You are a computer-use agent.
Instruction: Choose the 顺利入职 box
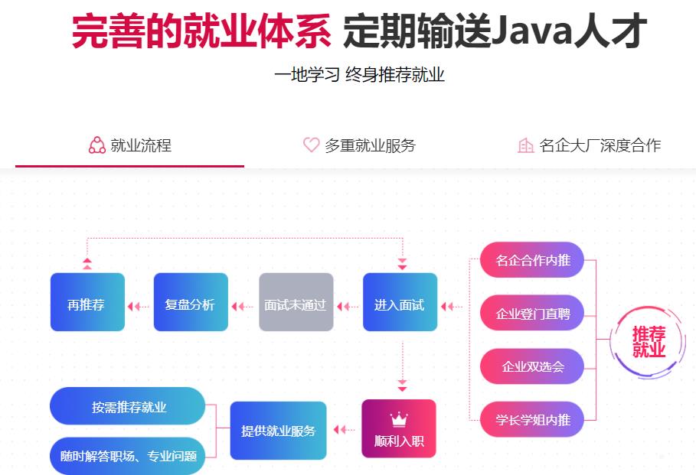point(398,429)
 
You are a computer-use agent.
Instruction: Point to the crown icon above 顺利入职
point(399,419)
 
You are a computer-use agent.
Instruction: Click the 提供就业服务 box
point(278,431)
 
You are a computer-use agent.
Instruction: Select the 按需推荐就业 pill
point(128,406)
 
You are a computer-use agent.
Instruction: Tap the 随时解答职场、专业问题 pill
point(128,456)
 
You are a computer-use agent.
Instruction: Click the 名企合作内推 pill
point(532,260)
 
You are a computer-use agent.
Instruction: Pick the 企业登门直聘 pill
point(532,313)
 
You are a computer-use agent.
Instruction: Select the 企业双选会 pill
point(532,366)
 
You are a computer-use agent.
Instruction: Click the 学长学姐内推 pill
point(532,418)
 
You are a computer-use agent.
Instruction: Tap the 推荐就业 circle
point(649,342)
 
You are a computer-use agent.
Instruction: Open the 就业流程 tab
point(130,145)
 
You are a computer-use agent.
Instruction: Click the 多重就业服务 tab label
point(370,145)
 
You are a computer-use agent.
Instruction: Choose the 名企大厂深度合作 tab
point(600,145)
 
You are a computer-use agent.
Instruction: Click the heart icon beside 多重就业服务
point(311,145)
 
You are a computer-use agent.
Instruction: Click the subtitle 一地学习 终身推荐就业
point(359,75)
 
